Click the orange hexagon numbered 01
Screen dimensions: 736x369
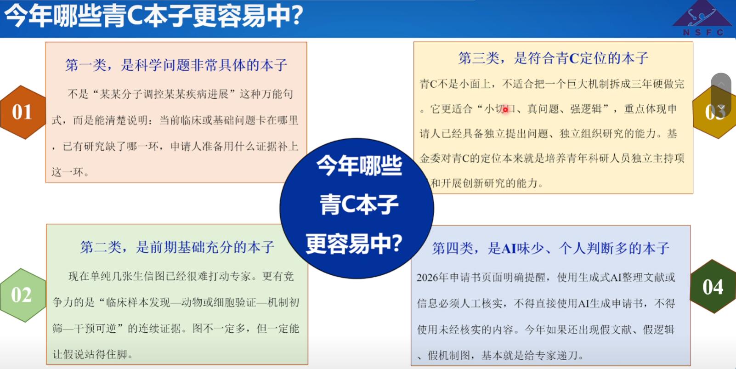point(23,113)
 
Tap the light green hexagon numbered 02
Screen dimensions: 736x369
point(23,295)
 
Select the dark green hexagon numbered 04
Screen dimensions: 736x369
point(713,286)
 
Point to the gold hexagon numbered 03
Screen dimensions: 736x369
point(715,112)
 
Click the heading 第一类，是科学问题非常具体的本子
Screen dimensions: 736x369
point(176,65)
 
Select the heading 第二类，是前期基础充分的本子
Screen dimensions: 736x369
point(177,247)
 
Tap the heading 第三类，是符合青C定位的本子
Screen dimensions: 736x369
point(553,58)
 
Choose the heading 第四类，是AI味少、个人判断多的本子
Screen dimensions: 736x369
point(550,248)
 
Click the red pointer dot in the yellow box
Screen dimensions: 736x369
point(505,110)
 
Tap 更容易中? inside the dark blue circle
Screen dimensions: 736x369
point(354,244)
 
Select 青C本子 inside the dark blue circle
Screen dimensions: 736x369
point(359,204)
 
